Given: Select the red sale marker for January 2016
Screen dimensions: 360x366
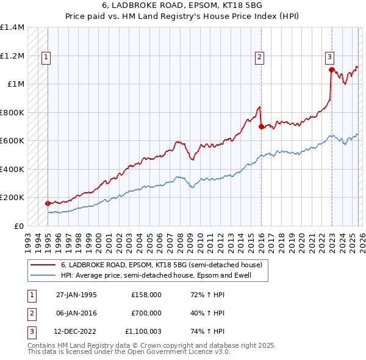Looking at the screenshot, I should coord(261,127).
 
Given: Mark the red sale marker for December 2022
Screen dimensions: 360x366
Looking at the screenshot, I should coord(331,70).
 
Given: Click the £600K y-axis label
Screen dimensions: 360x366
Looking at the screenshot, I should coord(12,141).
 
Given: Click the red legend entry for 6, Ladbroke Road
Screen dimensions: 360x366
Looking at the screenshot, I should coord(161,265).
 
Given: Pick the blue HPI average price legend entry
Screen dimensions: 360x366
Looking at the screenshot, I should coord(164,276).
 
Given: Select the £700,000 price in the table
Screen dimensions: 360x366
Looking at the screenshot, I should coord(146,313).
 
